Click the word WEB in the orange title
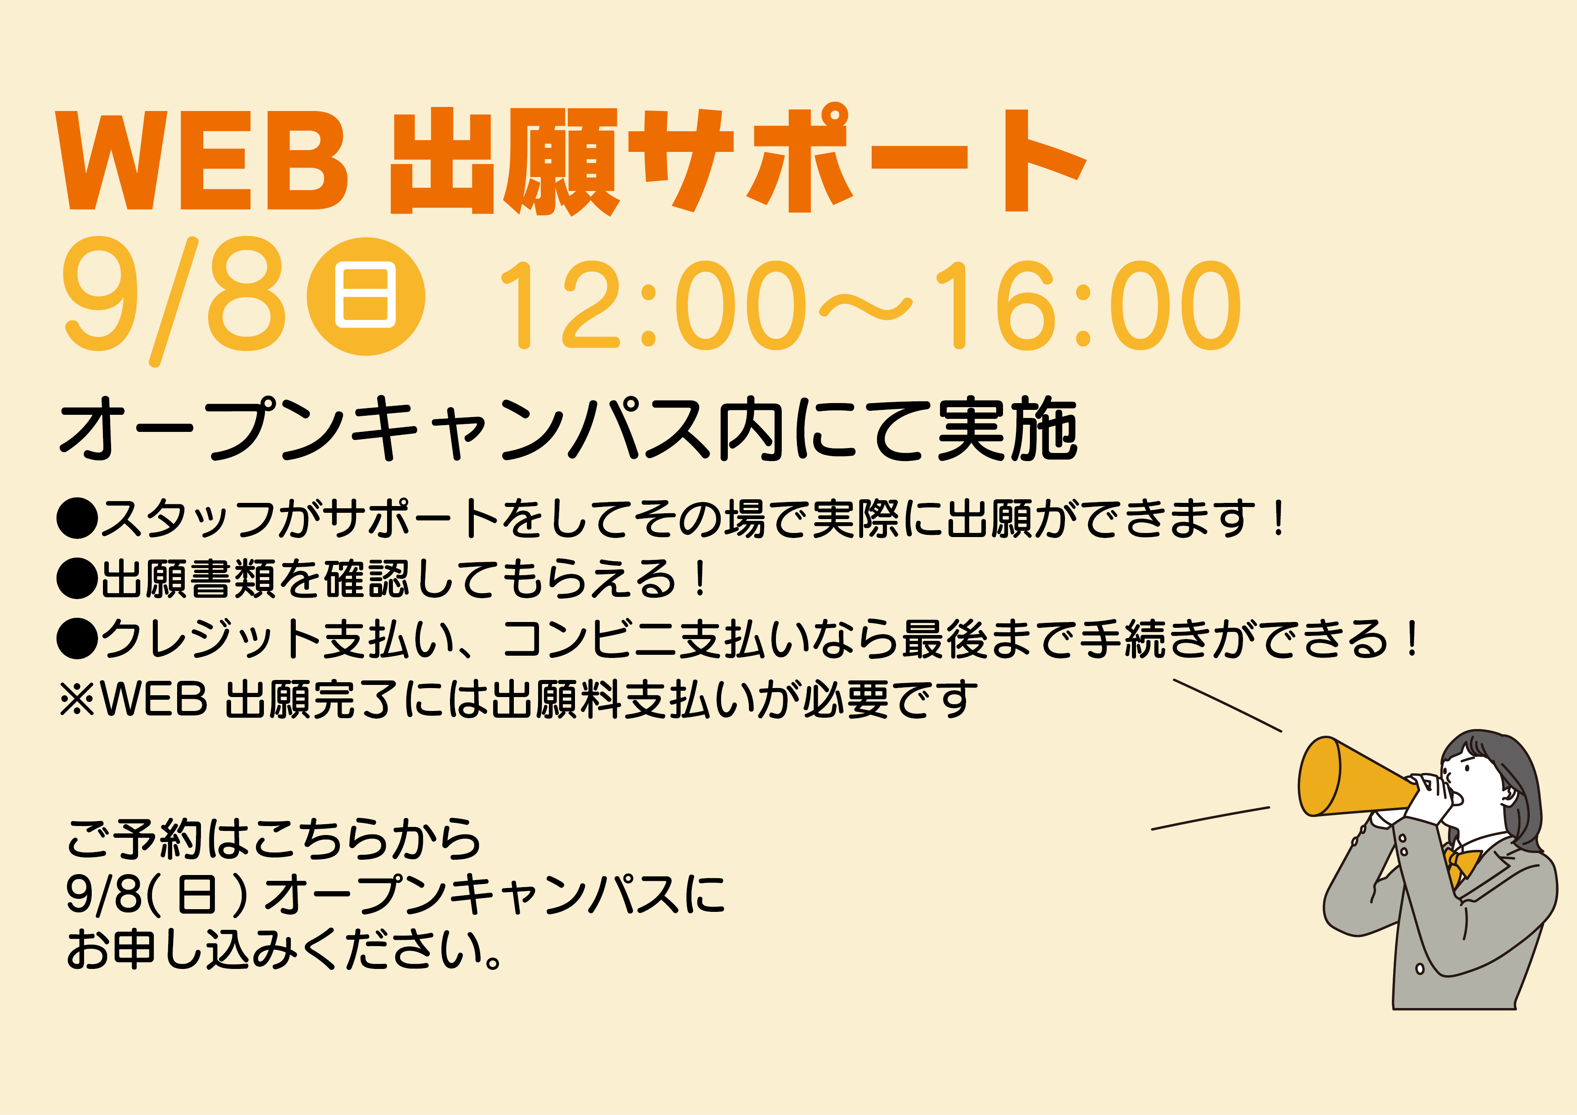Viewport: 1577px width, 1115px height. click(203, 160)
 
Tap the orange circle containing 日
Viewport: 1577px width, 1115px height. click(365, 297)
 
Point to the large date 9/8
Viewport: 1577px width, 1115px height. click(174, 300)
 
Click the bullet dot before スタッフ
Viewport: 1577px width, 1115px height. click(78, 518)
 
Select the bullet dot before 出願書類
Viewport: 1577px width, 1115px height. click(78, 578)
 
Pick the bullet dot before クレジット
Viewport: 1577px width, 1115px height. click(78, 638)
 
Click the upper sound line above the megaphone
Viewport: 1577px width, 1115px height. click(1227, 706)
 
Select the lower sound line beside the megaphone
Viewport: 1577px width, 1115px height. click(1210, 818)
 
